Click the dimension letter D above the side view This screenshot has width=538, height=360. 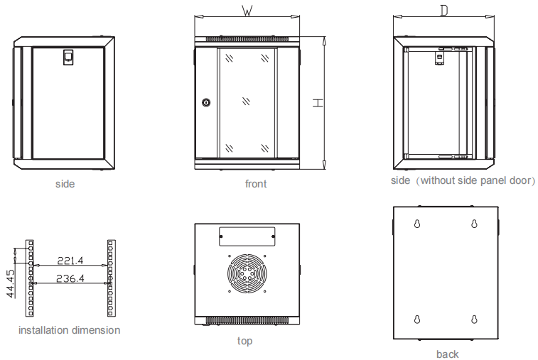[443, 11]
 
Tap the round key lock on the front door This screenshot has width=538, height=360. [207, 103]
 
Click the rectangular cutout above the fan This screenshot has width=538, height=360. [247, 235]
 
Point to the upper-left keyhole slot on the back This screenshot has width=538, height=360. [417, 224]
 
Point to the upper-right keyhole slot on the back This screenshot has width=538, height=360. [473, 224]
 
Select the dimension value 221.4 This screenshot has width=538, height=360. [70, 261]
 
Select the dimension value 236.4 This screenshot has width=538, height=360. [70, 278]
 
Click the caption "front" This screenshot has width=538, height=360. [256, 184]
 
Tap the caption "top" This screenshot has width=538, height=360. [244, 341]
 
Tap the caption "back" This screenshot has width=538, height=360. [448, 354]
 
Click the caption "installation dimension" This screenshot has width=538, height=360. [69, 330]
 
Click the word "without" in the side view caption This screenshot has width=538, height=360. [441, 180]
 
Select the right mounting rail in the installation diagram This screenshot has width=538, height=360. [110, 278]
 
